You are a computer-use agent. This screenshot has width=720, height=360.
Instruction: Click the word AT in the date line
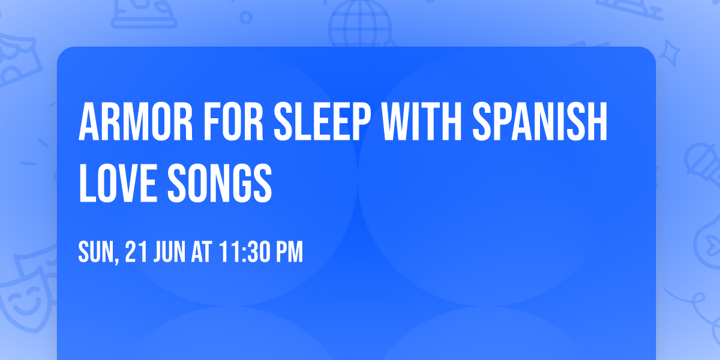click(x=203, y=253)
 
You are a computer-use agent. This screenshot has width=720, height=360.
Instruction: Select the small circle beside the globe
click(x=245, y=17)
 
